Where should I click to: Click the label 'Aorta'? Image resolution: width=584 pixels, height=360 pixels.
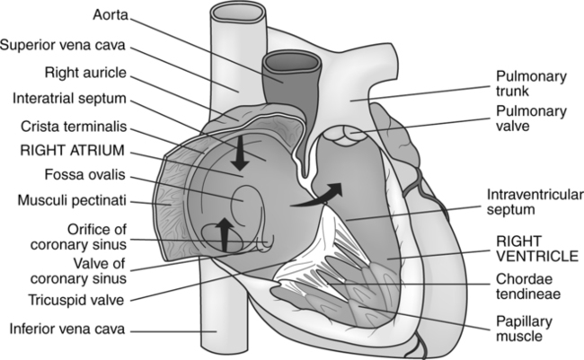pos(114,15)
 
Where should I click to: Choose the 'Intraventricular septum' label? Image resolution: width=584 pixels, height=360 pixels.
pos(529,202)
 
